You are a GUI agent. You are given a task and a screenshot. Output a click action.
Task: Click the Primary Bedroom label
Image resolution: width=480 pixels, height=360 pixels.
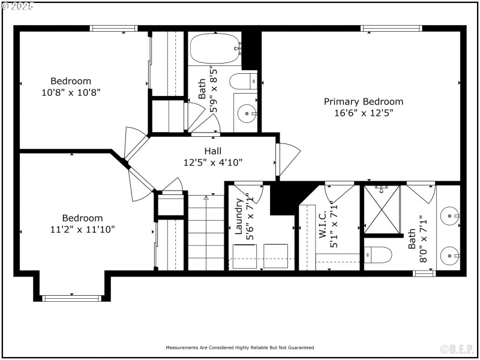(x=364, y=101)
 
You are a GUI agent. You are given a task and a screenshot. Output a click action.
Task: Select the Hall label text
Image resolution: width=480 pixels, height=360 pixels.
(x=212, y=151)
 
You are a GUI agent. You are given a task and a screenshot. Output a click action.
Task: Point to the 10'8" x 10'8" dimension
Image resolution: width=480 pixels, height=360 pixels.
(x=71, y=92)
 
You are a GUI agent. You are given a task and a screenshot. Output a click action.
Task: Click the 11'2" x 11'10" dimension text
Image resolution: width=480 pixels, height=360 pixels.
(x=82, y=229)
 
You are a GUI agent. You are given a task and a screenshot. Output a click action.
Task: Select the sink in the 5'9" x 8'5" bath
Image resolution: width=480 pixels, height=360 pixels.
(x=246, y=112)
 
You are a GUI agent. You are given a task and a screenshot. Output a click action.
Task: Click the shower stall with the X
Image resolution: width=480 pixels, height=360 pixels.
(x=382, y=210)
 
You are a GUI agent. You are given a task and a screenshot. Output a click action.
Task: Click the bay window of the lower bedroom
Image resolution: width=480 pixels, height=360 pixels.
(x=71, y=297)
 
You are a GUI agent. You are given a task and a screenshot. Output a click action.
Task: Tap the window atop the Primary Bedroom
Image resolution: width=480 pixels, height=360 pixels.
(x=391, y=28)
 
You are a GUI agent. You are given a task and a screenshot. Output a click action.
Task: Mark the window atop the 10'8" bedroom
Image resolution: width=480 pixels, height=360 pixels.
(x=113, y=28)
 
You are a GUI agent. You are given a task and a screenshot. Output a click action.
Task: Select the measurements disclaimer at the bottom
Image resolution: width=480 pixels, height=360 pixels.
(x=240, y=347)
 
